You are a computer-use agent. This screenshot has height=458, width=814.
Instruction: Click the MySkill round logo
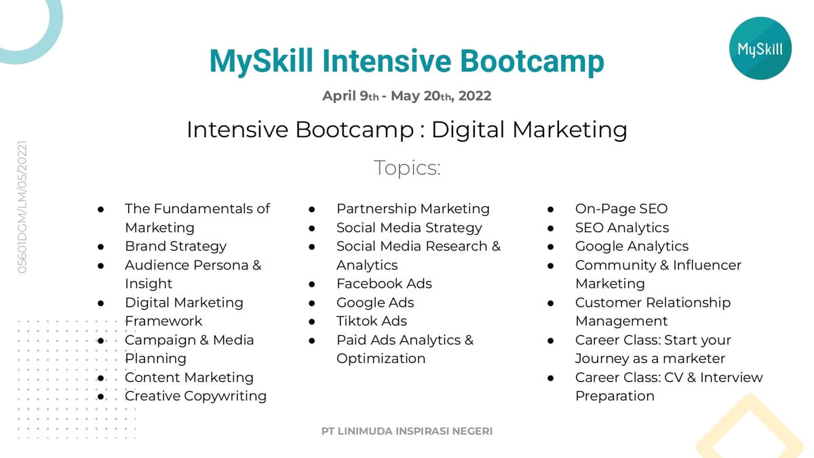[x=760, y=48]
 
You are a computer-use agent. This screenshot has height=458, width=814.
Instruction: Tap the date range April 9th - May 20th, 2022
[x=406, y=96]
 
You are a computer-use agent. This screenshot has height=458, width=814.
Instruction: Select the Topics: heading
[x=407, y=168]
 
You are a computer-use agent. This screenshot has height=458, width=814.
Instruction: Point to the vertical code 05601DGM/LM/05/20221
[x=22, y=207]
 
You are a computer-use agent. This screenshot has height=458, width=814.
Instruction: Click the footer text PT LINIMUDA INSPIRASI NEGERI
[x=407, y=431]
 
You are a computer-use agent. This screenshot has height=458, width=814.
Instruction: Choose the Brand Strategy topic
[x=176, y=246]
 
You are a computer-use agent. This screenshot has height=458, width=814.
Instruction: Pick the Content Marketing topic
[x=189, y=377]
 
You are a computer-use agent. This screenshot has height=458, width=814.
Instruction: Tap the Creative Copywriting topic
[x=195, y=396]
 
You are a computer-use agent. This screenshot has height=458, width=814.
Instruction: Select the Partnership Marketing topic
[x=412, y=209]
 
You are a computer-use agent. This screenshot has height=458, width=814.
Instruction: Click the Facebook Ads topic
[x=384, y=284]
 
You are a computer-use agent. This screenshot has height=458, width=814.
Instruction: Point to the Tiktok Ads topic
[x=372, y=321]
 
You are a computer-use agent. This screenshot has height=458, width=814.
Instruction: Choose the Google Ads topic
[x=375, y=303]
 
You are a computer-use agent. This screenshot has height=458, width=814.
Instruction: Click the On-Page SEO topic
[x=621, y=209]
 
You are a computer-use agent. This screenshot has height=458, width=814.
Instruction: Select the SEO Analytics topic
[x=622, y=228]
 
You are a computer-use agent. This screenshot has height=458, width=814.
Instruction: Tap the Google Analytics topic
[x=632, y=246]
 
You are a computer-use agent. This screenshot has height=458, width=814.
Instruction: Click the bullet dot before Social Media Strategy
[x=312, y=228]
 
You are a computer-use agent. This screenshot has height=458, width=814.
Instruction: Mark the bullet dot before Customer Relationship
[x=551, y=303]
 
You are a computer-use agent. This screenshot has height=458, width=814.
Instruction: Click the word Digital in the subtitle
[x=467, y=130]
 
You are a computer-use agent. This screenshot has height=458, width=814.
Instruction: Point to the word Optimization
[x=381, y=358]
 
